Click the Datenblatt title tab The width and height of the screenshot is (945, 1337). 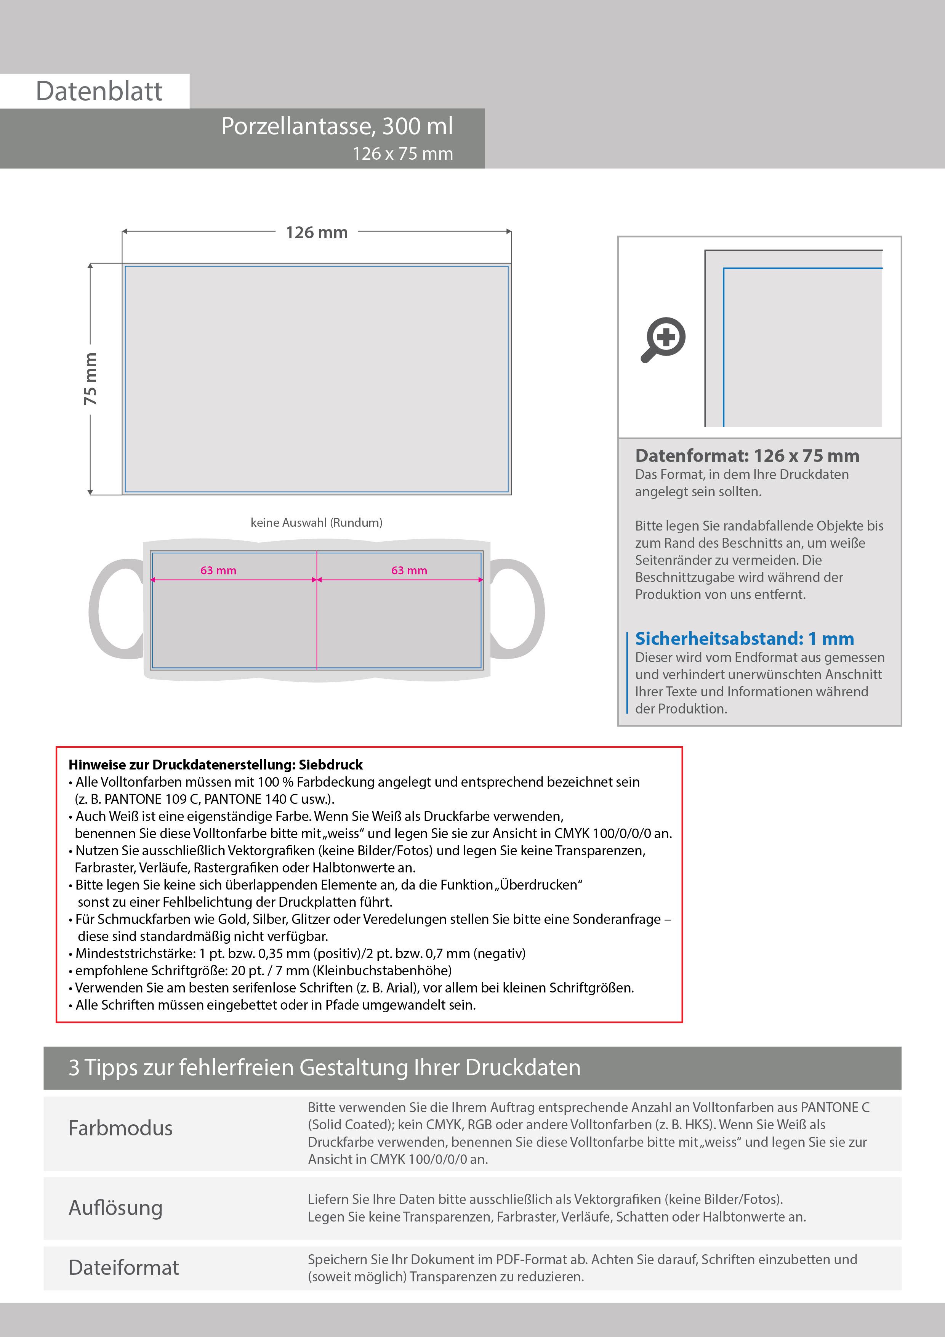point(99,91)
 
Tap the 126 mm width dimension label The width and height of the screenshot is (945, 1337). point(316,232)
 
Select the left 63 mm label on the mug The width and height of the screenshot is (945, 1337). point(218,571)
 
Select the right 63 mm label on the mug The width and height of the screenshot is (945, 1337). point(409,571)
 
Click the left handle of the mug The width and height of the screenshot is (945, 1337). point(111,609)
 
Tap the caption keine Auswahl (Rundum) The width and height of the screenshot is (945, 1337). point(316,523)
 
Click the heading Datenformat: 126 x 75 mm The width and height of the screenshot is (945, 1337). point(747,455)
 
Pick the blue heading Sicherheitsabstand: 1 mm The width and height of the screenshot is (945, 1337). point(744,638)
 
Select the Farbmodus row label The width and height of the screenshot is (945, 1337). point(120,1128)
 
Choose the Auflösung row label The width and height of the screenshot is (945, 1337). point(115,1208)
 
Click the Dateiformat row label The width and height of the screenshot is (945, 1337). point(123,1268)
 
